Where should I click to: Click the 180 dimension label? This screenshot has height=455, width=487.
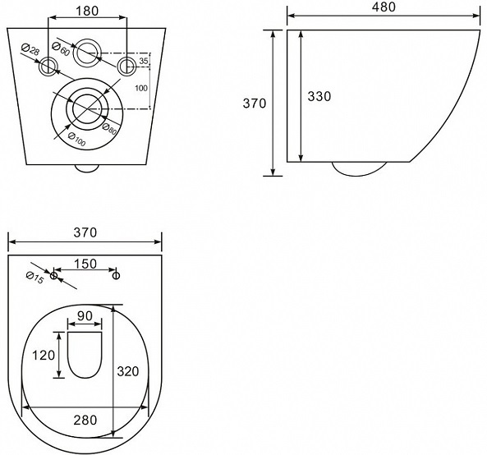pyautogui.click(x=87, y=11)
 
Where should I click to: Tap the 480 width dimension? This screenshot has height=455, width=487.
pyautogui.click(x=384, y=7)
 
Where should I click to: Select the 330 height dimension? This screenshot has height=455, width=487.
pyautogui.click(x=319, y=97)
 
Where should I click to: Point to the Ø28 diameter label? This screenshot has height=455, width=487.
pyautogui.click(x=30, y=49)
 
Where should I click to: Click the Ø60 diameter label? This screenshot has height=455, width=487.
pyautogui.click(x=61, y=48)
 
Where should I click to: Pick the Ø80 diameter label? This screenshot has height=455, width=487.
pyautogui.click(x=109, y=129)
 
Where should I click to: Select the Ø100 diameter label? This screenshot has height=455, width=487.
pyautogui.click(x=76, y=140)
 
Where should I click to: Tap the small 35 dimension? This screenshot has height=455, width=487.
pyautogui.click(x=144, y=61)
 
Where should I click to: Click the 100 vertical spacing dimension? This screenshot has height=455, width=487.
pyautogui.click(x=141, y=88)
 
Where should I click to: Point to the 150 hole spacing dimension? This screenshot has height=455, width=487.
pyautogui.click(x=85, y=264)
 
